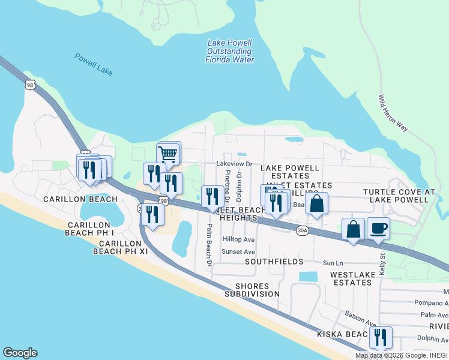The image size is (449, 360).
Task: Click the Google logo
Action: point(20,353)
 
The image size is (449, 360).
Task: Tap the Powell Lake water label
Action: point(94,64)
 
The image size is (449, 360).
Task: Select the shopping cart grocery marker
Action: point(168,154)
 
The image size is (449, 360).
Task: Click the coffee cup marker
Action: point(378,229)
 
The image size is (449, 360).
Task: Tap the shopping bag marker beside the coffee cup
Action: point(353,229)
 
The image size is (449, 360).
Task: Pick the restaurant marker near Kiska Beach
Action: point(380,338)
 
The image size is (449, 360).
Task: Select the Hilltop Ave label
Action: point(238,239)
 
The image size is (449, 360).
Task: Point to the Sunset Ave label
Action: point(238,252)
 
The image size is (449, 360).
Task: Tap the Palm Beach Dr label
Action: point(209,245)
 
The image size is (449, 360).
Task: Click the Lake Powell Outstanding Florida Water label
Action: point(230,52)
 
